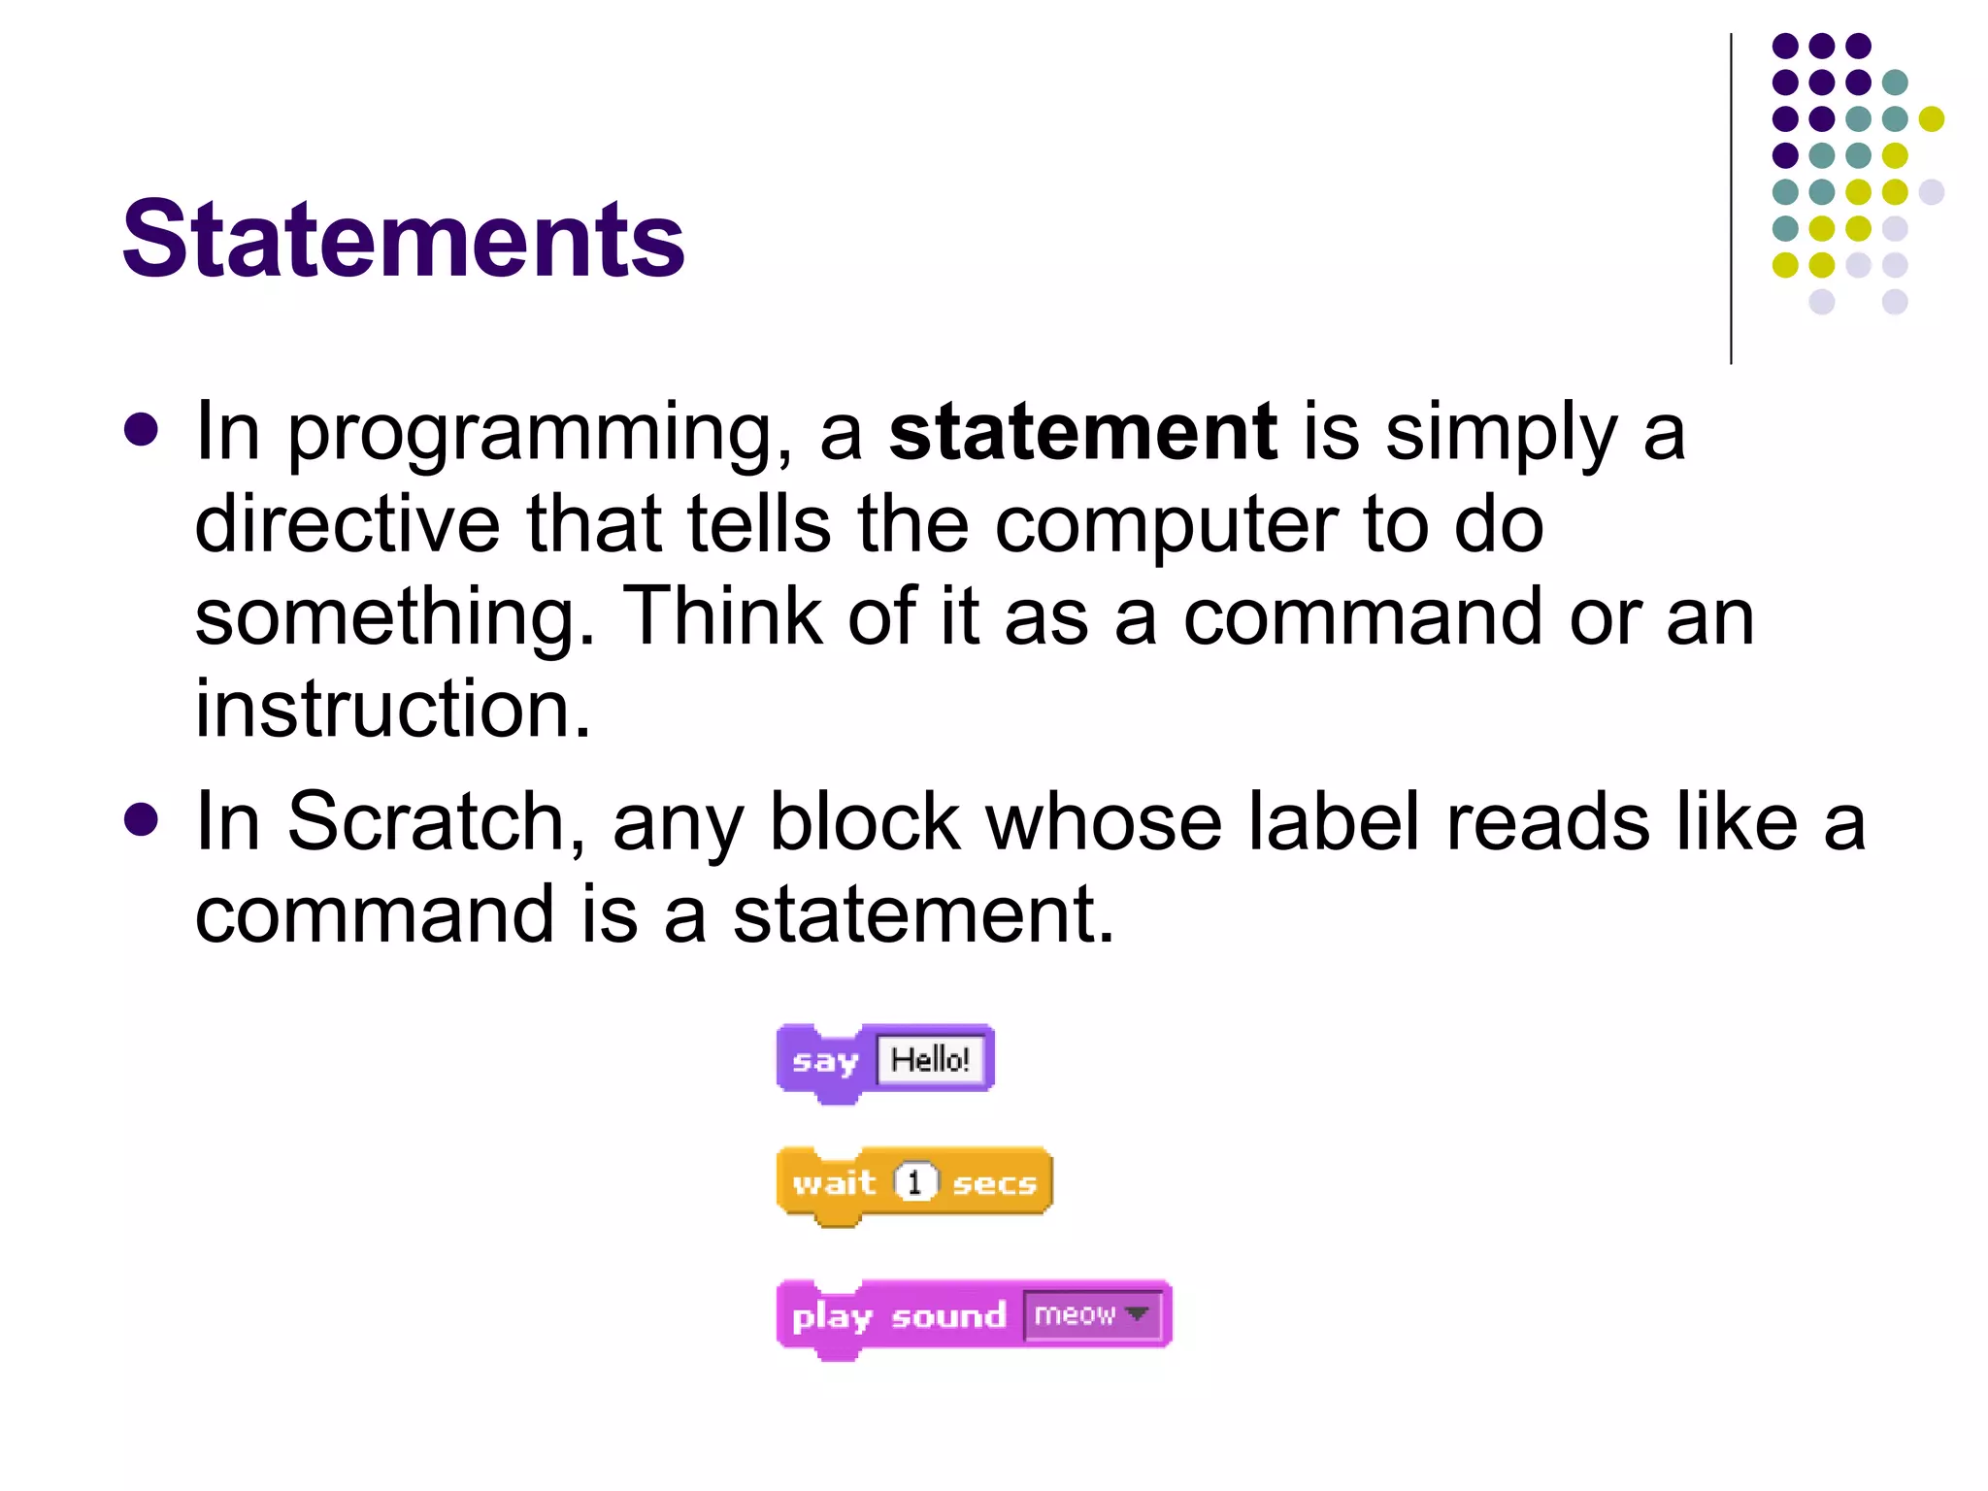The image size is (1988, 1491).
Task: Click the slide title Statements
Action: click(403, 239)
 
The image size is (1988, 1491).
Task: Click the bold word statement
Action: click(1082, 432)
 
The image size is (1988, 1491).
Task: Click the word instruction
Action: click(392, 709)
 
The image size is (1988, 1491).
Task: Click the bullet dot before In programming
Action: click(142, 431)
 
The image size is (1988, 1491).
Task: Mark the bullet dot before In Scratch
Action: click(142, 820)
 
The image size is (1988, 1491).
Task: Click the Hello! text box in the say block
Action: click(930, 1059)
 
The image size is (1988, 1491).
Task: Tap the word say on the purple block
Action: click(825, 1061)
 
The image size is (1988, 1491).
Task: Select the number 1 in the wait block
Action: click(914, 1182)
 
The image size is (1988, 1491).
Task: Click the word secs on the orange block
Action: click(994, 1183)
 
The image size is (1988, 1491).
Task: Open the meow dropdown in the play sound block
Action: click(1092, 1315)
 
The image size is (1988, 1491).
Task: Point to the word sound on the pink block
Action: click(948, 1316)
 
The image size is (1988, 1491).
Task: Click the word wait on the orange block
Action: click(834, 1182)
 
